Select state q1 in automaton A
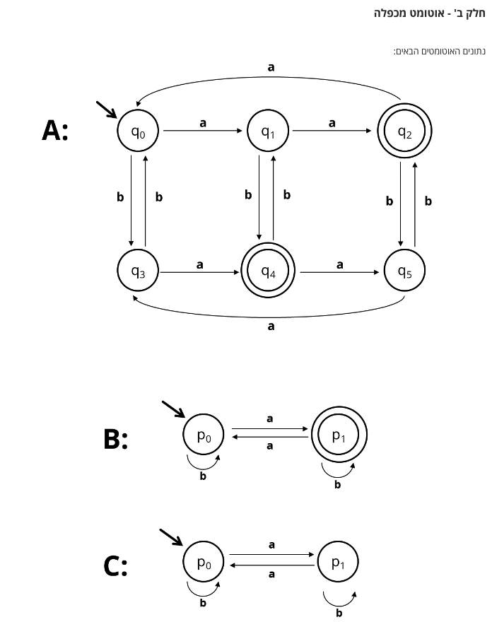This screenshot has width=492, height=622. pyautogui.click(x=268, y=131)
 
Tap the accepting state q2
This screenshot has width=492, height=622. pyautogui.click(x=404, y=131)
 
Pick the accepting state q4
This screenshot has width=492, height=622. pyautogui.click(x=268, y=271)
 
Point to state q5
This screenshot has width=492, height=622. pyautogui.click(x=404, y=271)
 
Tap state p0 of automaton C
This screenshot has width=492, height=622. pyautogui.click(x=204, y=563)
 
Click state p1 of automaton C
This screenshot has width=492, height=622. pyautogui.click(x=339, y=563)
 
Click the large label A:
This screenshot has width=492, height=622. pyautogui.click(x=55, y=131)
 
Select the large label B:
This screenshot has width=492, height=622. pyautogui.click(x=115, y=439)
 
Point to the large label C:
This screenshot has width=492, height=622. pyautogui.click(x=115, y=566)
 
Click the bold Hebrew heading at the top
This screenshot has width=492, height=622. pyautogui.click(x=429, y=13)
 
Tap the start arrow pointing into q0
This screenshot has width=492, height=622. pyautogui.click(x=107, y=110)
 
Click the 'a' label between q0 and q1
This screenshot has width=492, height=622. pyautogui.click(x=203, y=123)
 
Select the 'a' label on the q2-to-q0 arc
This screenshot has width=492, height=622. pyautogui.click(x=271, y=67)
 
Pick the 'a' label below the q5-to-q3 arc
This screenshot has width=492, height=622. pyautogui.click(x=271, y=327)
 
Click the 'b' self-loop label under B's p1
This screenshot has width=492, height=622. pyautogui.click(x=337, y=485)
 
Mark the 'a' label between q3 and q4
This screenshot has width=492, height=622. pyautogui.click(x=200, y=265)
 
